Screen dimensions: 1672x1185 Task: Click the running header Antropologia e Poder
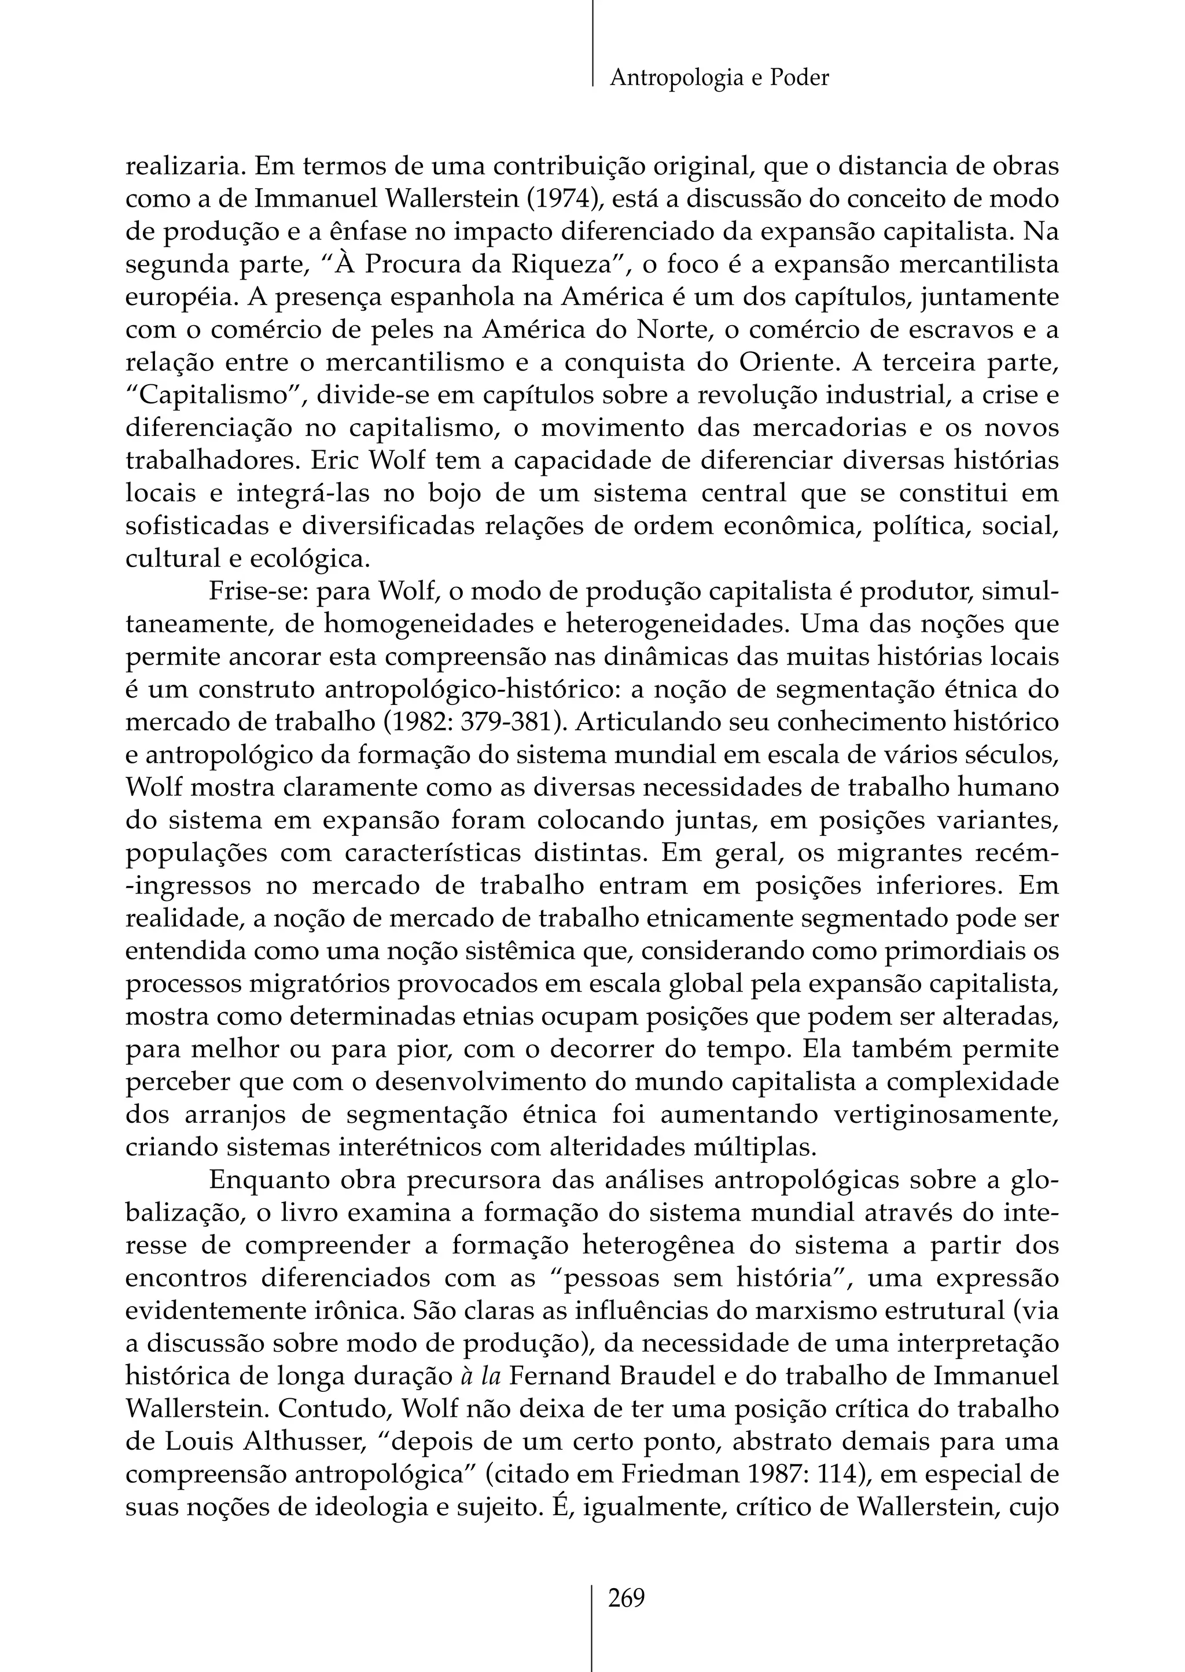point(719,78)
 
